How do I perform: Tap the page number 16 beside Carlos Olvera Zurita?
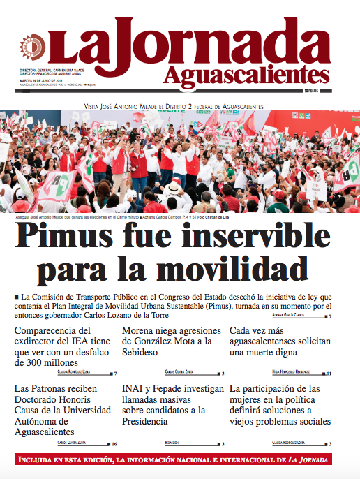point(114,443)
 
